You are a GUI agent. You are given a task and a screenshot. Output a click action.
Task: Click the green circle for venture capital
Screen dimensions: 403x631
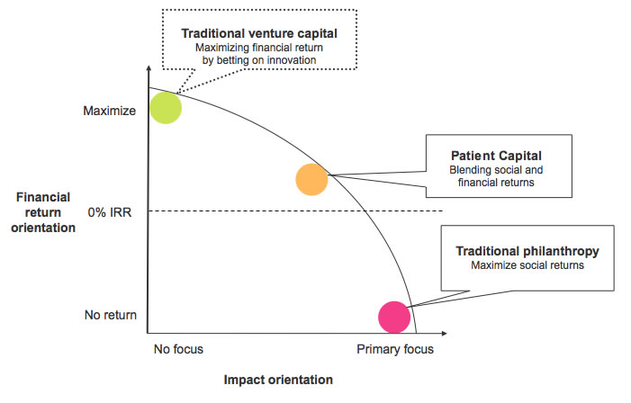point(166,107)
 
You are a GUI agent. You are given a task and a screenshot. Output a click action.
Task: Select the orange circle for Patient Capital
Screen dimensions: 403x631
point(311,179)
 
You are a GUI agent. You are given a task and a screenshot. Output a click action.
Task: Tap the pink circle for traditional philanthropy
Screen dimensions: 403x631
point(394,316)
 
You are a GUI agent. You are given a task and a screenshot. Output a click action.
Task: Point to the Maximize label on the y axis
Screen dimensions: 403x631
point(109,112)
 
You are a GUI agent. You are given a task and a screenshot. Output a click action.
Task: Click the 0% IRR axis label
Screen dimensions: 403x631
point(111,212)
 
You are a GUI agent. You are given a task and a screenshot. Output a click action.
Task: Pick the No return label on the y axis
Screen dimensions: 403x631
point(110,315)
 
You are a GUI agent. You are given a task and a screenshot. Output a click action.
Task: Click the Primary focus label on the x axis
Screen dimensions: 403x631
point(394,348)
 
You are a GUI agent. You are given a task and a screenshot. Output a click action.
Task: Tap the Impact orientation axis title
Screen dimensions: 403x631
point(278,380)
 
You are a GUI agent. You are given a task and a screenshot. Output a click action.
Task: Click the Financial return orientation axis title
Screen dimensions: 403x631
point(44,212)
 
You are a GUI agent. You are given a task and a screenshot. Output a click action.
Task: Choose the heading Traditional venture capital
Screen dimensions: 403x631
point(259,32)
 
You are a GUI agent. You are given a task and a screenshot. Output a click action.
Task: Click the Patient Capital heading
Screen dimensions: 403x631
point(496,154)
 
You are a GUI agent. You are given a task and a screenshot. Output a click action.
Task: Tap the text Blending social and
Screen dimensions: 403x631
point(496,169)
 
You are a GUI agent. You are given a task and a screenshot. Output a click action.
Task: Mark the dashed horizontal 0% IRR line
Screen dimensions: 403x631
point(297,211)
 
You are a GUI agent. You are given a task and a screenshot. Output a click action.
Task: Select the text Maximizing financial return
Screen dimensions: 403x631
point(259,47)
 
